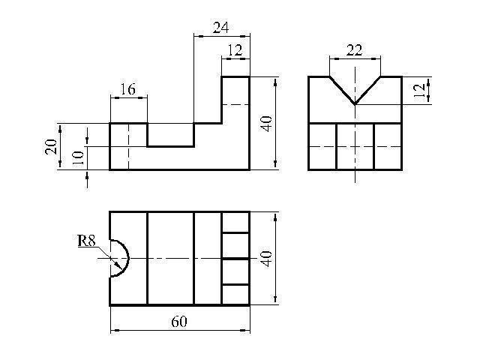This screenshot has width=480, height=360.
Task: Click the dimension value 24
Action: pyautogui.click(x=220, y=28)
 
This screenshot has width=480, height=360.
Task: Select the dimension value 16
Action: pyautogui.click(x=127, y=90)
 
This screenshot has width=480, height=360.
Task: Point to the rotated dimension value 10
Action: pyautogui.click(x=76, y=157)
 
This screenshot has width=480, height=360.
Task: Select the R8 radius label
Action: pyautogui.click(x=86, y=241)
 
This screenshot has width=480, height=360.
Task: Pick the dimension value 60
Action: pyautogui.click(x=178, y=322)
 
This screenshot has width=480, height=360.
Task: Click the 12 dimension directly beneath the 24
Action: pyautogui.click(x=235, y=50)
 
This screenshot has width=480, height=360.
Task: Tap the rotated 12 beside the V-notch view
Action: pyautogui.click(x=420, y=91)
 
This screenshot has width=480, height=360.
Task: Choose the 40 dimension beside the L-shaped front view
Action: pyautogui.click(x=265, y=123)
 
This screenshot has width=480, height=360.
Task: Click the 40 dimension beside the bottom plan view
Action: pyautogui.click(x=265, y=259)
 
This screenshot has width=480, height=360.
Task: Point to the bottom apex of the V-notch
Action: pyautogui.click(x=355, y=104)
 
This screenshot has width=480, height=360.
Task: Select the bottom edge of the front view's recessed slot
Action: pyautogui.click(x=170, y=146)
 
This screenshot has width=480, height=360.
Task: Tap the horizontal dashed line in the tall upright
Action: pyautogui.click(x=235, y=106)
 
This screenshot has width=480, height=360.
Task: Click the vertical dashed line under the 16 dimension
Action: pyautogui.click(x=128, y=146)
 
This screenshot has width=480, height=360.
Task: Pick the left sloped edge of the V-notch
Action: pyautogui.click(x=342, y=90)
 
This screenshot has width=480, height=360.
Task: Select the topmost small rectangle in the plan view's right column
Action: pyautogui.click(x=235, y=222)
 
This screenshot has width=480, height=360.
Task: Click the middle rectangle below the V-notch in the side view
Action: pyautogui.click(x=355, y=146)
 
